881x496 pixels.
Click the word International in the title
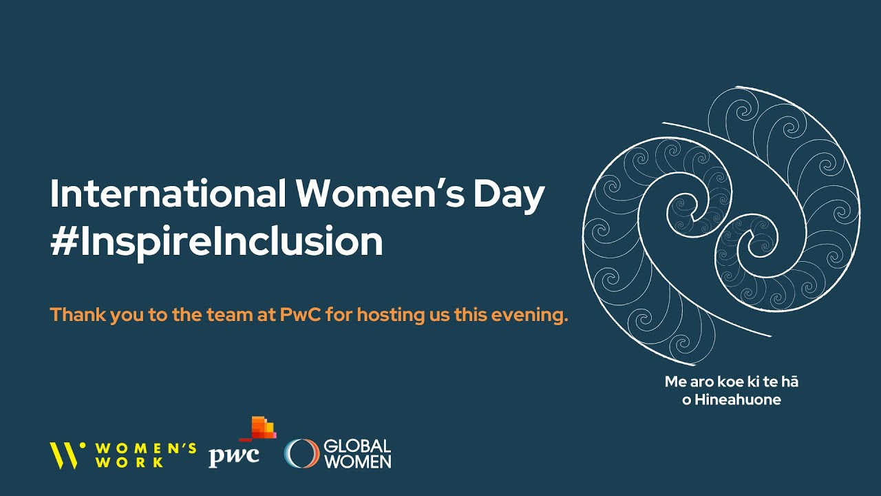[167, 194]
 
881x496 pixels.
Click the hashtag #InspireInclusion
[216, 241]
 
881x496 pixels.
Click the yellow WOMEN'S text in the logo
[146, 447]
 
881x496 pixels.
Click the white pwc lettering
[234, 455]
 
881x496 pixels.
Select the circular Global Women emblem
[301, 454]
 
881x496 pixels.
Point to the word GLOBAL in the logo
[357, 446]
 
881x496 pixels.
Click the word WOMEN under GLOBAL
[357, 462]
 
